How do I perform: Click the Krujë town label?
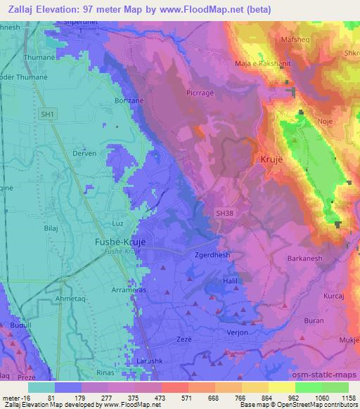pos(273,160)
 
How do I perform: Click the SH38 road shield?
pos(224,211)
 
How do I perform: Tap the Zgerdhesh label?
pos(212,257)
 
